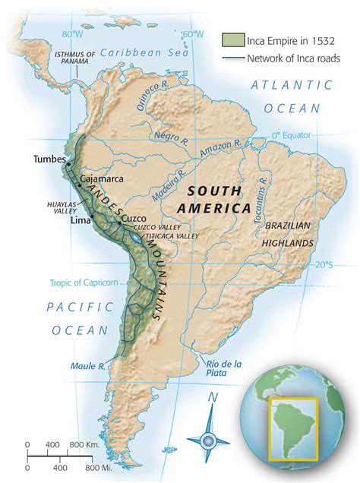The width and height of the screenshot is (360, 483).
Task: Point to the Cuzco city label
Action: [134, 216]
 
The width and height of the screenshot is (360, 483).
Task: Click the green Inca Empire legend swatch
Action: [232, 40]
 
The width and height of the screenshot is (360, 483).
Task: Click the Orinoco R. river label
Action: [147, 98]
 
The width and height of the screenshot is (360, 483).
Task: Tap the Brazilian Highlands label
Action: [288, 235]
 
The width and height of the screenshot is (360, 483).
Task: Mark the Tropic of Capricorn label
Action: [74, 283]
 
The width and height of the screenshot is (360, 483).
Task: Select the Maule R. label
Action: [87, 365]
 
